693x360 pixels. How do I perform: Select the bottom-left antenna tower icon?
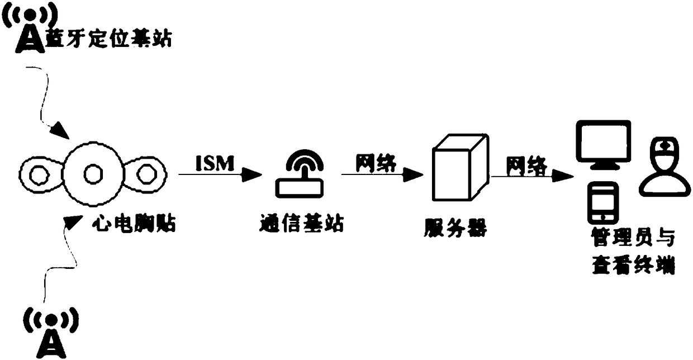[x=50, y=331]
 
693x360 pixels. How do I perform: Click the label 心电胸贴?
[x=133, y=225]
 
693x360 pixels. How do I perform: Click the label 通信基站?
[x=302, y=225]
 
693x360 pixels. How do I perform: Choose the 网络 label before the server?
[x=376, y=163]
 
